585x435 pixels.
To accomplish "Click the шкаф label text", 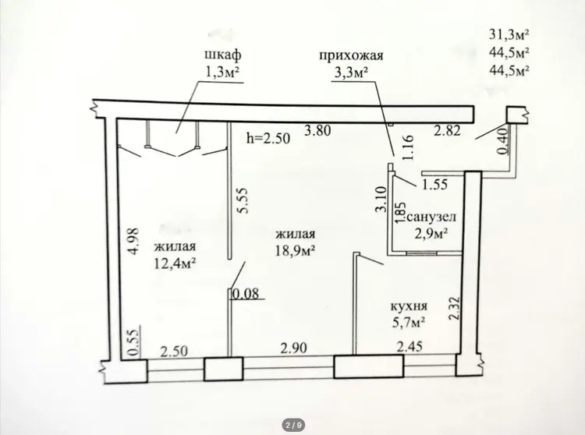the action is click(x=223, y=55).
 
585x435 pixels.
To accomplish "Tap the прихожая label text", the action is click(x=351, y=56).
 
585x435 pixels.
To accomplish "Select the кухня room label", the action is click(x=409, y=307).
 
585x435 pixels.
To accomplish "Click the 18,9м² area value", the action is click(x=295, y=250).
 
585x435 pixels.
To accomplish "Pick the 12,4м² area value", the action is click(x=175, y=263).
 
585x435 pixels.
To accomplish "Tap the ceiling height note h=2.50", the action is click(x=268, y=139).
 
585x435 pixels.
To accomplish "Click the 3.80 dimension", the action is click(x=317, y=131).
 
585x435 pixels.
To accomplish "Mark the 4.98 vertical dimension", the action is click(x=133, y=241).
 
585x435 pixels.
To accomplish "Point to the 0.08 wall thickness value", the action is click(x=245, y=294).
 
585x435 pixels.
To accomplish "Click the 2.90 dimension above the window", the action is click(x=294, y=348).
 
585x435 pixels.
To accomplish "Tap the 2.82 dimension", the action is click(x=447, y=130).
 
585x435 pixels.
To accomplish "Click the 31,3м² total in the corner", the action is click(x=509, y=34).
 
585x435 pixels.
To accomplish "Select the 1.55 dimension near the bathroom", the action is click(x=434, y=184).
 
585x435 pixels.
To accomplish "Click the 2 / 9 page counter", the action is click(x=294, y=425).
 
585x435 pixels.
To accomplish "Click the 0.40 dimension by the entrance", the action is click(x=503, y=140).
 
